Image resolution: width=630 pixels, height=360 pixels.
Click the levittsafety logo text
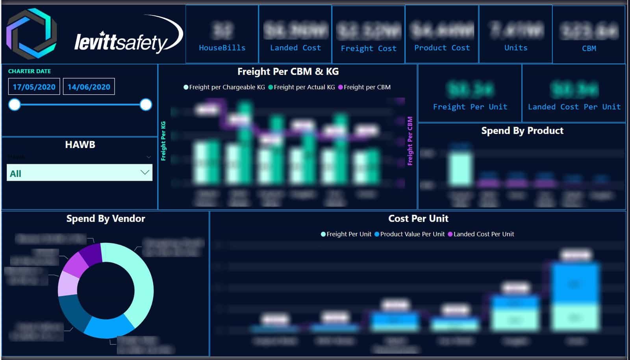click(122, 42)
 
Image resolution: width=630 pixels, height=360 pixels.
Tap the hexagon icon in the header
click(32, 33)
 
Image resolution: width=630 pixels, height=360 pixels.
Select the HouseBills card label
click(222, 48)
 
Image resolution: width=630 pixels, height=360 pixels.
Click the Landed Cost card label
click(295, 48)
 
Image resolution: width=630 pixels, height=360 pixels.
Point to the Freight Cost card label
click(369, 48)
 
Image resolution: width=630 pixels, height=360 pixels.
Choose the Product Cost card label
click(442, 48)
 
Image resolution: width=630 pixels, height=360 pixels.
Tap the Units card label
click(516, 48)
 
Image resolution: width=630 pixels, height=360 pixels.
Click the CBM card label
click(589, 48)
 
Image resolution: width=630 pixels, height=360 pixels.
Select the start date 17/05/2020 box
click(34, 87)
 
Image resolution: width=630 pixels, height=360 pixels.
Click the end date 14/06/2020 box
click(89, 87)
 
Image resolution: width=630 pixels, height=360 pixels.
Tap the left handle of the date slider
click(15, 105)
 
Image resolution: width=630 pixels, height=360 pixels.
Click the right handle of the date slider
click(146, 105)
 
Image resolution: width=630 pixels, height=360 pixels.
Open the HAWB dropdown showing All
click(80, 173)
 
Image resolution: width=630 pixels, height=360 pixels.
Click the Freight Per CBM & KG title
click(288, 72)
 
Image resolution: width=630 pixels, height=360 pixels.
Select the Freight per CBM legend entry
click(367, 87)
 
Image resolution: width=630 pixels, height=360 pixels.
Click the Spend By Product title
click(522, 131)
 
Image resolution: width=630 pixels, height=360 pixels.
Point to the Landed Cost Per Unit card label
click(574, 107)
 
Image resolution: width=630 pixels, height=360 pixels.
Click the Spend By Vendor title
click(106, 219)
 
